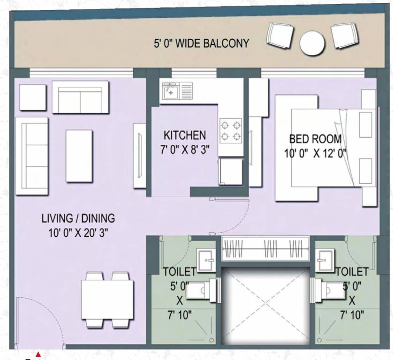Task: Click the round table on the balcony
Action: (x=312, y=43)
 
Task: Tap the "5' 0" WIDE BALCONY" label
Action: (x=201, y=44)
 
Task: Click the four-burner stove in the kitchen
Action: (x=231, y=130)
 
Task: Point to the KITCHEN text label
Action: (x=184, y=135)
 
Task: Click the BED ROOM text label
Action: (x=315, y=139)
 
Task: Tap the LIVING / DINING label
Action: (x=78, y=218)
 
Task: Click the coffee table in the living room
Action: (x=79, y=156)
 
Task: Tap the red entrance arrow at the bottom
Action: (x=38, y=354)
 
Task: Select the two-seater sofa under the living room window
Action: (x=80, y=97)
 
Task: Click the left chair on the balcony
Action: (x=280, y=35)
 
